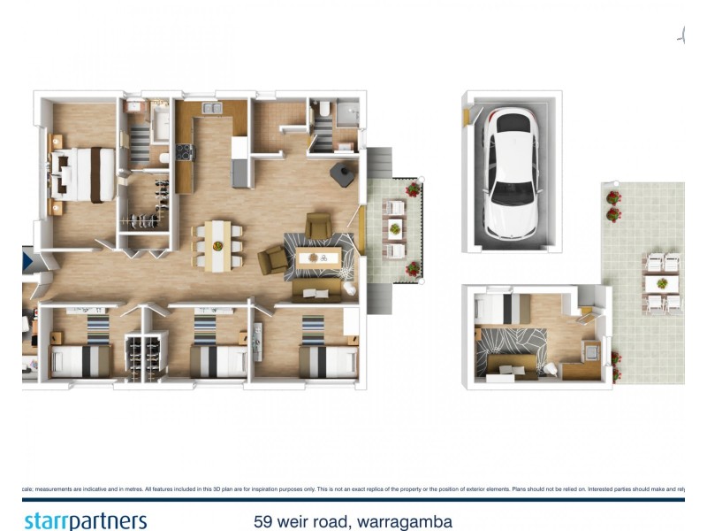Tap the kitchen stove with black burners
click(185, 153)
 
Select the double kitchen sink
click(211, 109)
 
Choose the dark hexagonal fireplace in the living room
click(341, 173)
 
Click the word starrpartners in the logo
click(85, 520)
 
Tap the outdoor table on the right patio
click(661, 283)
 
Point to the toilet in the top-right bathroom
click(324, 109)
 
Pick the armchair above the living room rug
click(317, 223)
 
